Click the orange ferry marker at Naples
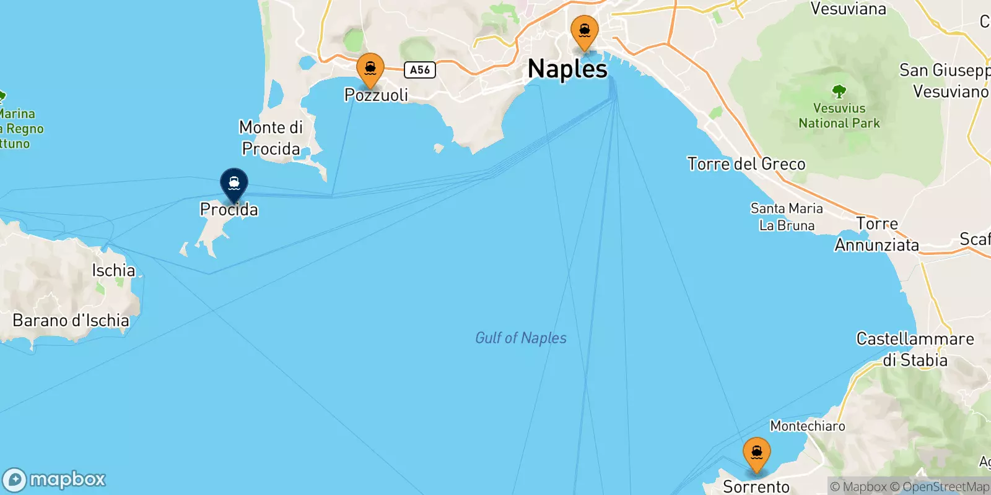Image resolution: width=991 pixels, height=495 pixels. tap(584, 32)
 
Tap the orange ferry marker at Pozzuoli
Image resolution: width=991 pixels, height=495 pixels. tap(370, 70)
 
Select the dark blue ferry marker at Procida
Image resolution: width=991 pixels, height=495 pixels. tap(234, 184)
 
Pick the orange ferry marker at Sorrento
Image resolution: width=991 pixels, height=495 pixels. tap(756, 454)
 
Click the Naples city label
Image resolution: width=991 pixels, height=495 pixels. tap(567, 69)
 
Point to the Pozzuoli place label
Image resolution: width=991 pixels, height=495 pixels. tap(376, 95)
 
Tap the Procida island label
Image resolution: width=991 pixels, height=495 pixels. tap(229, 210)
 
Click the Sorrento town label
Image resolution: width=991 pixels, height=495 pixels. tap(756, 486)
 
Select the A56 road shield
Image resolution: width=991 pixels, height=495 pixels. tap(420, 70)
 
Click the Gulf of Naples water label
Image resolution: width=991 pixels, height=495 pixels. tap(520, 338)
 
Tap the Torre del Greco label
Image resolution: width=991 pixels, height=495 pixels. tap(746, 164)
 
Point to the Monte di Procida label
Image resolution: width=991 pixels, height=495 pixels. tap(271, 138)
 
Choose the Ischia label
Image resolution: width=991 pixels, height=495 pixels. tap(113, 270)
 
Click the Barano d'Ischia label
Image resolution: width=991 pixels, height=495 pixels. tap(71, 321)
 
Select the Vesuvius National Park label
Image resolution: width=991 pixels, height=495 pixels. tap(839, 116)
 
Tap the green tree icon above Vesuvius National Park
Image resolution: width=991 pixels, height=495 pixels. tap(839, 92)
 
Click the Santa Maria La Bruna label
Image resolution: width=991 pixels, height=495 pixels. tap(787, 217)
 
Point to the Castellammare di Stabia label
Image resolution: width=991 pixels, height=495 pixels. tap(915, 350)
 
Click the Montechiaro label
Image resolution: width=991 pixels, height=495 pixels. tap(807, 426)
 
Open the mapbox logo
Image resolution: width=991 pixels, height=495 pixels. tap(55, 480)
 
